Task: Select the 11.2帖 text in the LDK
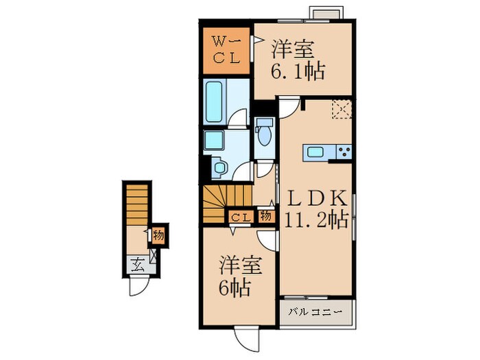point(315,220)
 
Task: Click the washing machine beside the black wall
point(220,167)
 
